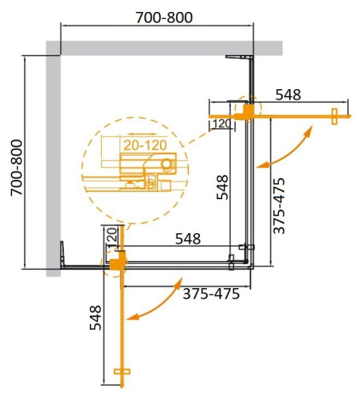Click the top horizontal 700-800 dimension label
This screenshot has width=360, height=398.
click(x=159, y=18)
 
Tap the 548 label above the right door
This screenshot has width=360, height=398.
click(x=288, y=95)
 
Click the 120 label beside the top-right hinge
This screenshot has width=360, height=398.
click(x=222, y=123)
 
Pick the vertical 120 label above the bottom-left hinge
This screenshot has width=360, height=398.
click(x=112, y=236)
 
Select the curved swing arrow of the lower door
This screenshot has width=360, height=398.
click(x=156, y=305)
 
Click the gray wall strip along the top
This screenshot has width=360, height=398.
click(x=167, y=48)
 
